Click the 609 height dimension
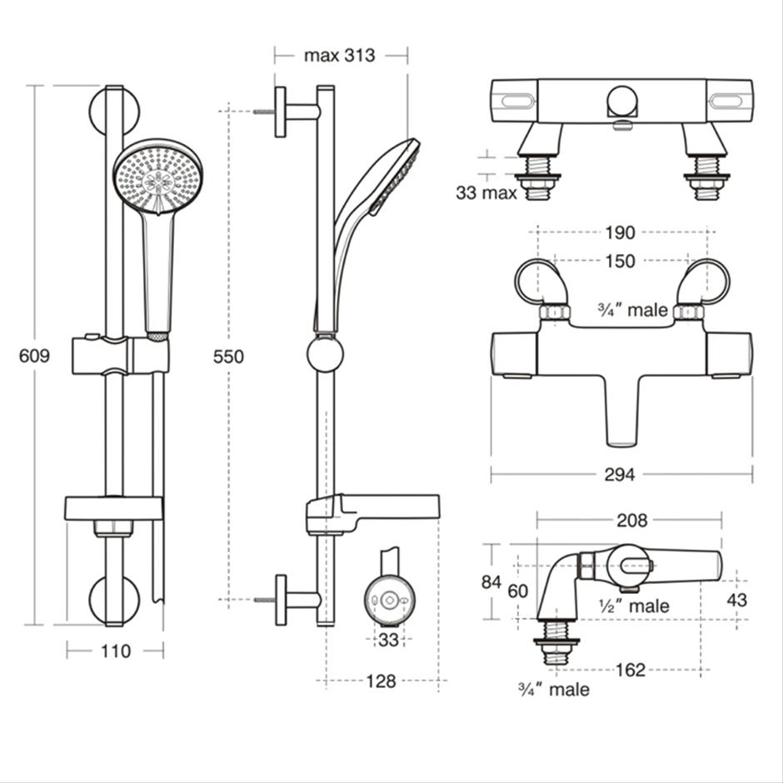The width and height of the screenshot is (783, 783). (34, 356)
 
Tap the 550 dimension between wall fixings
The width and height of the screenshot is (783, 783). (228, 357)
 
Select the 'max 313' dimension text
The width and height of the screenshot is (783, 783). (339, 56)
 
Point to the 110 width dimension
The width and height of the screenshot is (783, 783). (115, 651)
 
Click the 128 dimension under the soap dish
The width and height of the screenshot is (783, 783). (381, 681)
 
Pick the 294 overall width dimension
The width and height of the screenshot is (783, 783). (620, 475)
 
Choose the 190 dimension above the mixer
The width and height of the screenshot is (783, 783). (621, 232)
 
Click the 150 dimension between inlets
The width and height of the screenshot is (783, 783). (620, 262)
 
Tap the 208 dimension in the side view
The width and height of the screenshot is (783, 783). (632, 521)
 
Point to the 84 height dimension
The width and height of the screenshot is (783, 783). (491, 582)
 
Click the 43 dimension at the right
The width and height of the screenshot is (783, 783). (736, 600)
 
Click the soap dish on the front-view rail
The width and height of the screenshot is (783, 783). (114, 507)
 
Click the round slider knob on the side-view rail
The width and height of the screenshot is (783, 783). (325, 354)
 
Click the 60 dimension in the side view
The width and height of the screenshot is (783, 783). (518, 591)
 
